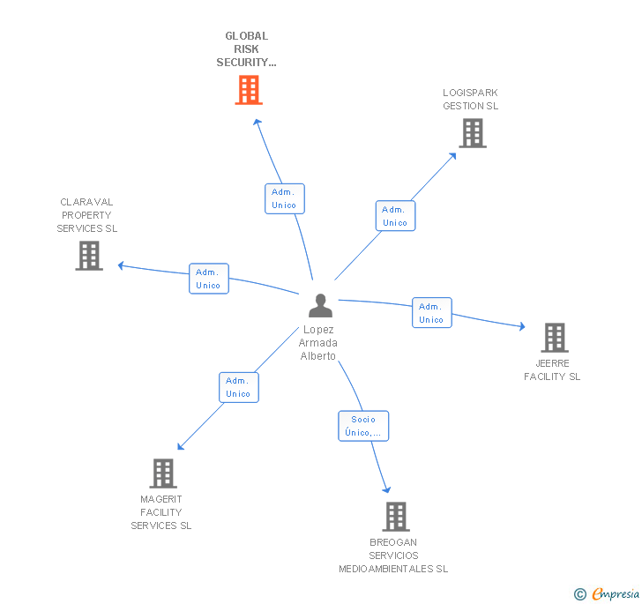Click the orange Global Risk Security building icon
pyautogui.click(x=249, y=90)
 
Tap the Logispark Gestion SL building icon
pyautogui.click(x=473, y=133)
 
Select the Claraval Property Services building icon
pyautogui.click(x=89, y=256)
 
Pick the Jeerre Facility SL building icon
pyautogui.click(x=554, y=337)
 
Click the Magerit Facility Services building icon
pyautogui.click(x=163, y=474)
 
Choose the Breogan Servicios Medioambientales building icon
pyautogui.click(x=396, y=517)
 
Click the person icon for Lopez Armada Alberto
pyautogui.click(x=320, y=305)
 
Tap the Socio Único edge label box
pyautogui.click(x=363, y=426)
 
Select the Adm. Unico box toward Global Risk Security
pyautogui.click(x=284, y=198)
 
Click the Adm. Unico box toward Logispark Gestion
pyautogui.click(x=395, y=216)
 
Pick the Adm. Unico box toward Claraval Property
pyautogui.click(x=209, y=279)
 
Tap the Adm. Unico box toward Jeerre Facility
pyautogui.click(x=431, y=313)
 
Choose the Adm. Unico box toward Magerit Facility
pyautogui.click(x=238, y=387)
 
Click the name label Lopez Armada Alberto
pyautogui.click(x=318, y=343)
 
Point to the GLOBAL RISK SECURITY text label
pyautogui.click(x=247, y=49)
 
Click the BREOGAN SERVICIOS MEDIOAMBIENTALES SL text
pyautogui.click(x=393, y=556)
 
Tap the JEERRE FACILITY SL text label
pyautogui.click(x=552, y=369)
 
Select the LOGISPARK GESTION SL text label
pyautogui.click(x=470, y=99)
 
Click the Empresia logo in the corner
pyautogui.click(x=608, y=593)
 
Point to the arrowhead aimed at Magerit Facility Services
pyautogui.click(x=179, y=447)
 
